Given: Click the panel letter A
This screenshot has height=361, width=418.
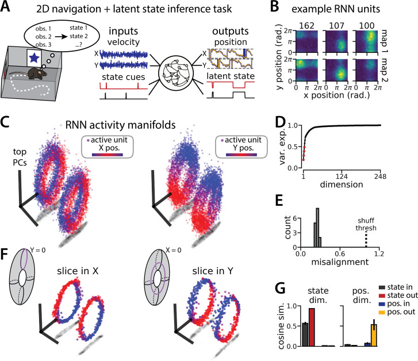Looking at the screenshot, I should pos(7,8).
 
